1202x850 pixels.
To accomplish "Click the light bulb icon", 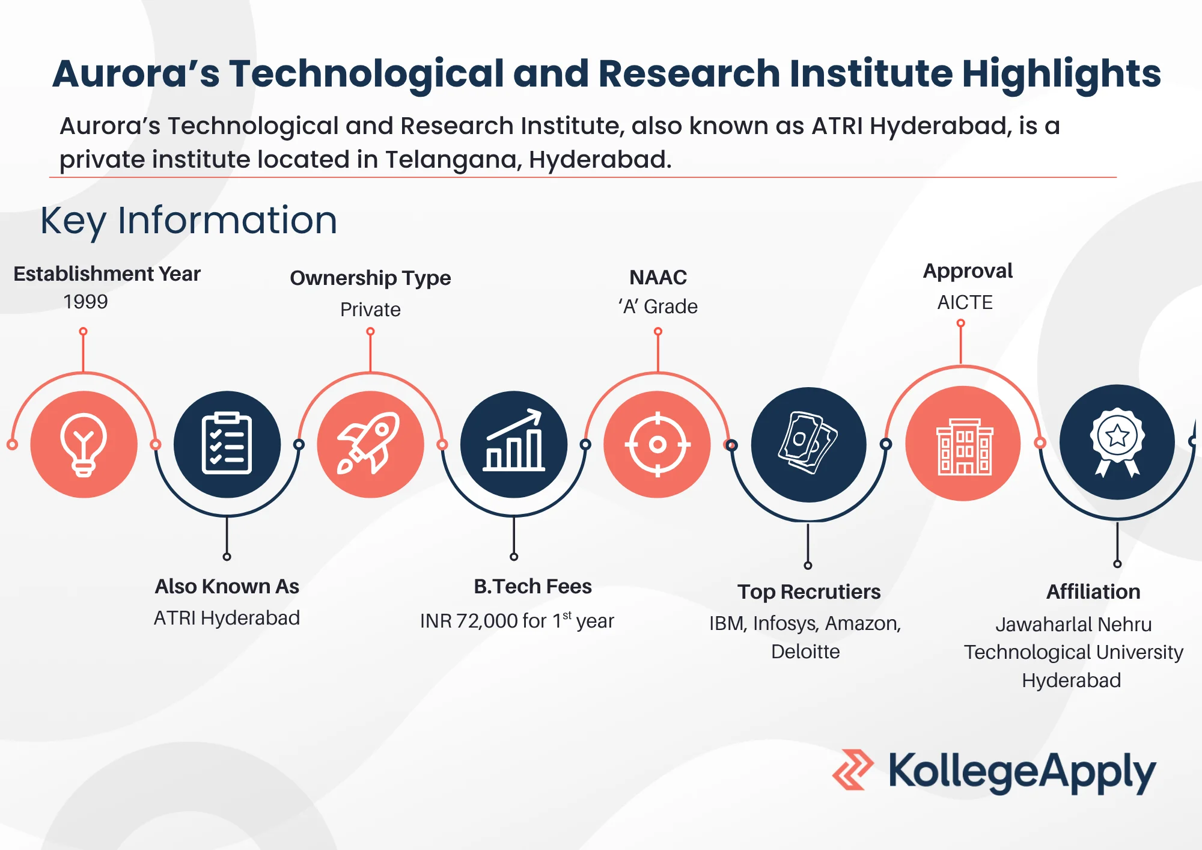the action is click(x=84, y=445).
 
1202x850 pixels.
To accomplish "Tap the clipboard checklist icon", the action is click(x=227, y=444).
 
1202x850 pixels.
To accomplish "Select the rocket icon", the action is click(x=369, y=444).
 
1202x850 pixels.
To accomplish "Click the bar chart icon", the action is click(x=514, y=440).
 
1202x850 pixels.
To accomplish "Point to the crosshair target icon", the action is click(x=657, y=445).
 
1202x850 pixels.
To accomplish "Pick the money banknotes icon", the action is click(x=808, y=442).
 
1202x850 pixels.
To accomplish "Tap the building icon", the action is click(x=964, y=447).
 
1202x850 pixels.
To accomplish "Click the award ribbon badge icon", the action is click(x=1117, y=442).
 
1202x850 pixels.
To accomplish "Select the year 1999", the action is click(x=85, y=301).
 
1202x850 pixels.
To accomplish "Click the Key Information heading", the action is click(x=189, y=221).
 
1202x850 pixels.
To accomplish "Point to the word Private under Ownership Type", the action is click(x=370, y=309).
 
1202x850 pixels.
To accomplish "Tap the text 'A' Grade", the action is click(x=658, y=307).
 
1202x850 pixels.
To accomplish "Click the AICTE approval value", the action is click(x=965, y=302).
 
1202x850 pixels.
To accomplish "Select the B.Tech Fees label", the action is click(x=532, y=586).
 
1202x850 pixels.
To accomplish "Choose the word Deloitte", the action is click(x=805, y=651).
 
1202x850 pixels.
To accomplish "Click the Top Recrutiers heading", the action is click(x=809, y=592).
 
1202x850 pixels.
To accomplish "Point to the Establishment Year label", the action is click(x=107, y=274).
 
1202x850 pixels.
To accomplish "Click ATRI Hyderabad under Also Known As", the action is click(x=227, y=618).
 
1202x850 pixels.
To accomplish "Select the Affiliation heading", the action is click(x=1093, y=592).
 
